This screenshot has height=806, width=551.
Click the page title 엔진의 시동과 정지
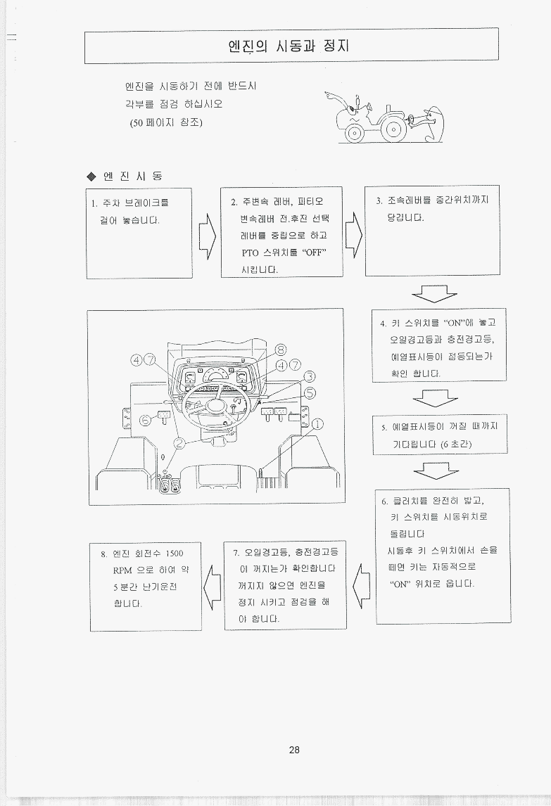pos(289,46)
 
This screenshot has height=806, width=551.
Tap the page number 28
pos(294,750)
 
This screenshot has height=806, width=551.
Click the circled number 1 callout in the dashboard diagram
pos(319,424)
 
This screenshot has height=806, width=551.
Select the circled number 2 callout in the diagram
pos(179,443)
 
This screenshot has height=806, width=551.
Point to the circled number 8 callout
pos(281,350)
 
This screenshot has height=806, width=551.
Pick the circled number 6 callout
pos(146,421)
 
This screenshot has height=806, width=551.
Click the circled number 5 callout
pos(310,393)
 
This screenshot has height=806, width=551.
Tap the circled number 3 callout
pos(309,377)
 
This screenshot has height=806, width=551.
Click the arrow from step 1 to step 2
pos(208,236)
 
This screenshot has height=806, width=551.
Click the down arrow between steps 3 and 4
pos(433,293)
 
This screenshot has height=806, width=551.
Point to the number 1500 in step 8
pos(175,554)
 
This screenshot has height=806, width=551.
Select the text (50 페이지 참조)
pos(166,122)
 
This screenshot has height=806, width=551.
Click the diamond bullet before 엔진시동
pos(91,177)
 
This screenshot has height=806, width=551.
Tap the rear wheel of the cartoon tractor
pos(394,127)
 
